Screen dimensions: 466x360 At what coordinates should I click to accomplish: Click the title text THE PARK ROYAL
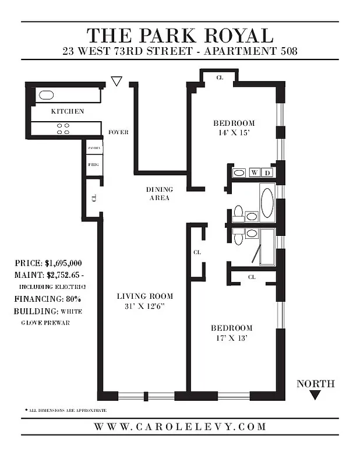[179, 35]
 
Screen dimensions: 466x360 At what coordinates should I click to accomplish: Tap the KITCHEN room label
[68, 111]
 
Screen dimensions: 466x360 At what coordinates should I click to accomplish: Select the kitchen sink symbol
[45, 96]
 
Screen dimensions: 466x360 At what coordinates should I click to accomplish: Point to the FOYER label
[119, 132]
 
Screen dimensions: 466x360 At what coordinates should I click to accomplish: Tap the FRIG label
[93, 165]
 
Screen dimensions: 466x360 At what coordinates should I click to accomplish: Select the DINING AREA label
[158, 194]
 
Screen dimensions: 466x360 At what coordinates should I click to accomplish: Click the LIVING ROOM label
[145, 296]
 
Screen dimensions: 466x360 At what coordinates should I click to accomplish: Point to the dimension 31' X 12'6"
[145, 307]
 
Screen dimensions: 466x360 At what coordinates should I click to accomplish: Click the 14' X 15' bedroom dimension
[234, 133]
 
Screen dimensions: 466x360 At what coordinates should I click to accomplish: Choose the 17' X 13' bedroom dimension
[231, 338]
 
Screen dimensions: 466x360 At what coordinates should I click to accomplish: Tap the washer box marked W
[255, 172]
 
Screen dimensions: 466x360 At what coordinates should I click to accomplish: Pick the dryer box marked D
[267, 172]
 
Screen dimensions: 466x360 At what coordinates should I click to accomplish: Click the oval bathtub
[267, 202]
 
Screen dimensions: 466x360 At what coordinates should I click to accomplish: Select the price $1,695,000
[63, 263]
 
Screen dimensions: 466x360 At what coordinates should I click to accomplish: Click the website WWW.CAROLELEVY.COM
[179, 427]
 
